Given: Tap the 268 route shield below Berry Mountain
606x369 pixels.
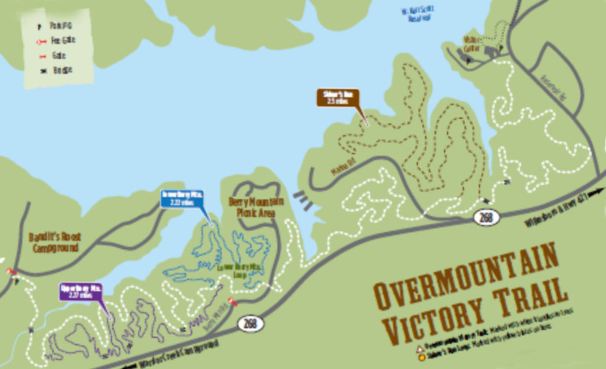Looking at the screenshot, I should (250, 323).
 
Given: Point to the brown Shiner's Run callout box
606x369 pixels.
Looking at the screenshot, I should (338, 97).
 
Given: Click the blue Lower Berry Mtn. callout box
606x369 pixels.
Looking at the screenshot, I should (183, 199).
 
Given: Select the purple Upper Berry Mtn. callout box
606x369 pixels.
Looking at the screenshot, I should (82, 291).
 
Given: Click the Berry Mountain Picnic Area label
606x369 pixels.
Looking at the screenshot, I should (251, 208).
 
